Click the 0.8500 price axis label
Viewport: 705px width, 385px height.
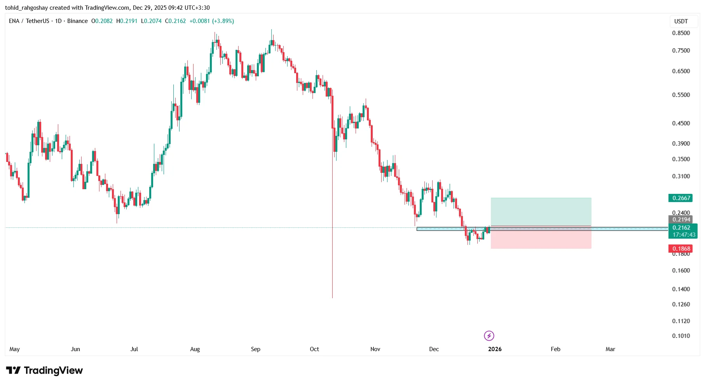[x=681, y=33]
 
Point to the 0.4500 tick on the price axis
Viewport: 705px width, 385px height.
[x=681, y=123]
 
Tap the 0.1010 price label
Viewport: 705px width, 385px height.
[x=681, y=336]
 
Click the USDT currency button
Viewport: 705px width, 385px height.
[x=681, y=21]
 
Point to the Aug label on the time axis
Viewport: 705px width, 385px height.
[x=195, y=349]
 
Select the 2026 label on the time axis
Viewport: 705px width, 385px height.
[x=495, y=349]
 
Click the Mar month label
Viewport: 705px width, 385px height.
[x=610, y=349]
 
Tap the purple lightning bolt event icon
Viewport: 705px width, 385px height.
[x=489, y=336]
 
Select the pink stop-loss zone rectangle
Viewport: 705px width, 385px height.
[x=541, y=240]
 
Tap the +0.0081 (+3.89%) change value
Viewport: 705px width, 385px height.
[x=211, y=21]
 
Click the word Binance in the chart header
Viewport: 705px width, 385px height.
[x=77, y=21]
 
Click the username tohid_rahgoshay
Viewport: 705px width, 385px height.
[x=26, y=8]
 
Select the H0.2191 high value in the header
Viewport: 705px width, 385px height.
[x=127, y=21]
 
